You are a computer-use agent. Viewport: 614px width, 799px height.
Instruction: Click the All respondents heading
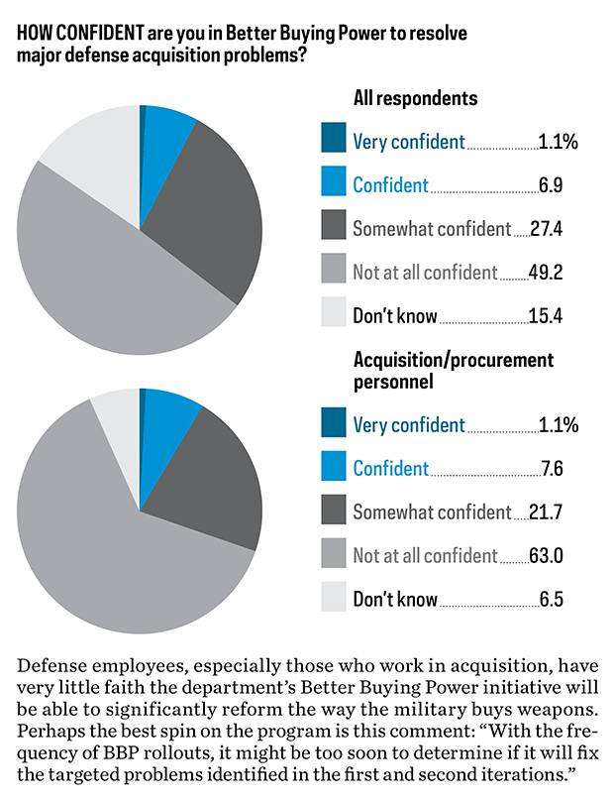(415, 98)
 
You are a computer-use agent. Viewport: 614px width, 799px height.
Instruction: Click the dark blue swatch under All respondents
(334, 140)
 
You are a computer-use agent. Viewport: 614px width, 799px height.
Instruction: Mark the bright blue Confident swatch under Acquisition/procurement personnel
(334, 468)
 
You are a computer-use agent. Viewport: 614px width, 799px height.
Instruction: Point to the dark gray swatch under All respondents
(334, 227)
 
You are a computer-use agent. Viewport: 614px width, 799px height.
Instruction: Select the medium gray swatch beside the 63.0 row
(334, 555)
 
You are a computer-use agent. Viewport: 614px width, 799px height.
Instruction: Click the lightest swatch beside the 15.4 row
(334, 314)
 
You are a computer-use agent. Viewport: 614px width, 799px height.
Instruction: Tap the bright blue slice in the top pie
(163, 129)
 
